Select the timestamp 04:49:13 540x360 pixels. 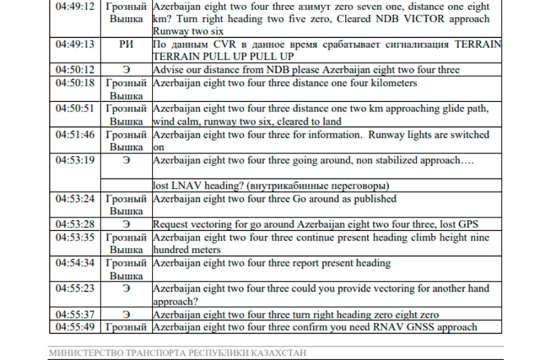74,45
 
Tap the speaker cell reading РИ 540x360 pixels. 126,45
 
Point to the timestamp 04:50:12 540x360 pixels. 74,70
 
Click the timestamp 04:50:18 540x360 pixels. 74,83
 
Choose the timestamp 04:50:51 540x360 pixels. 74,109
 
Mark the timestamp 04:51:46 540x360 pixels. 74,135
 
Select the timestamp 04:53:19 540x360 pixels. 74,161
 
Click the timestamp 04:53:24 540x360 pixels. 74,199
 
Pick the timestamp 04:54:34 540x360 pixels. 74,263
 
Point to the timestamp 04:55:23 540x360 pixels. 74,289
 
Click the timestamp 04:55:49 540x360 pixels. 74,328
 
